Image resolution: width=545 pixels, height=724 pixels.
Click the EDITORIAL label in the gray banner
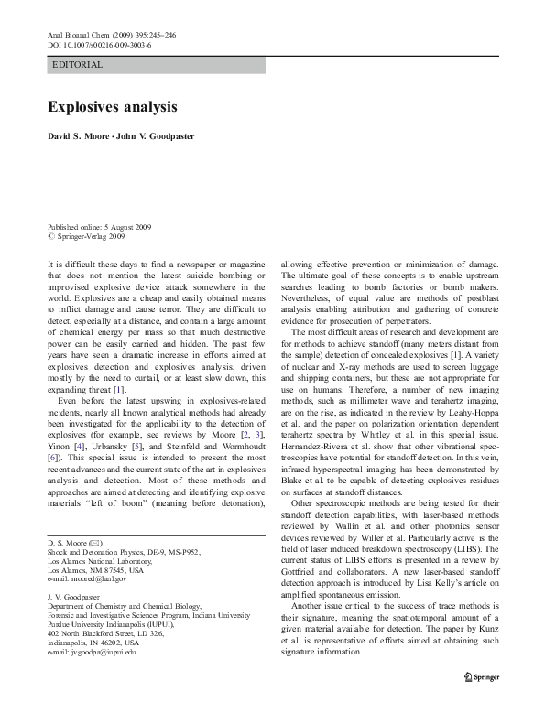click(78, 65)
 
